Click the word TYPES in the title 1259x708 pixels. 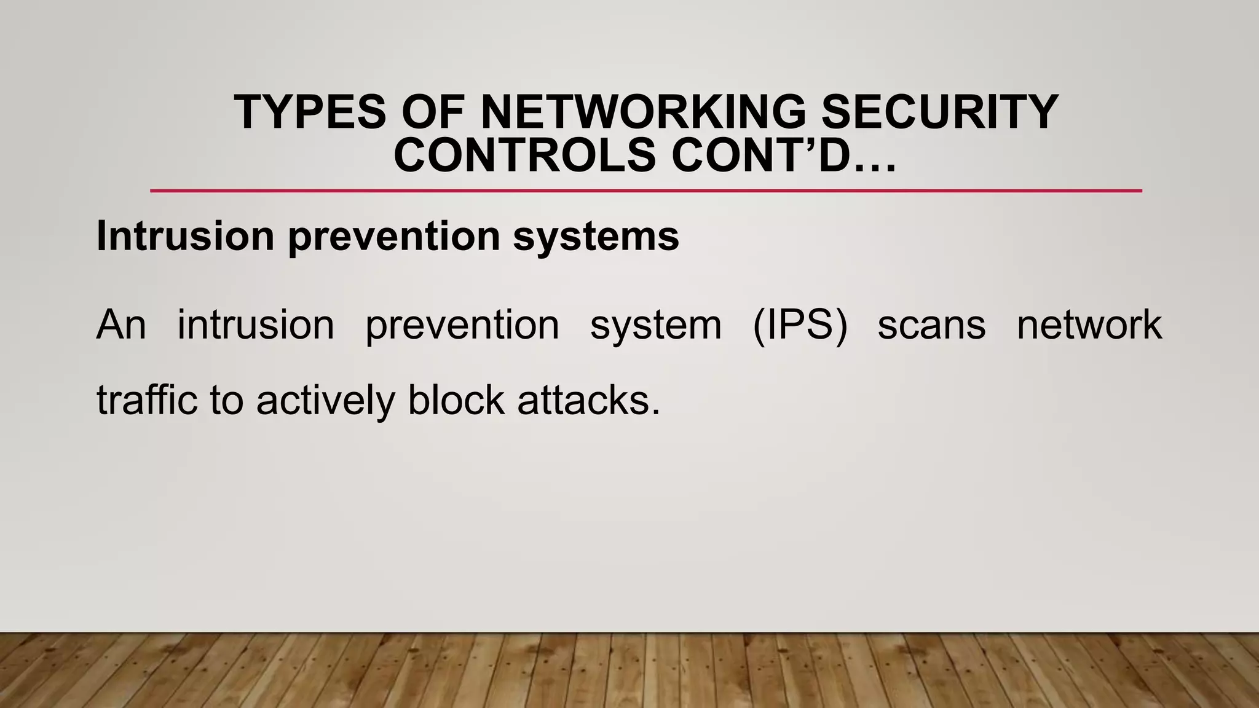pos(310,112)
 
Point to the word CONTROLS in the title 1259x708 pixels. pos(525,155)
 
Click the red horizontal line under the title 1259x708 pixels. pos(645,191)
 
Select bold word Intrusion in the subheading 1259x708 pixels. pos(185,236)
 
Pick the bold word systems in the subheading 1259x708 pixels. pos(596,237)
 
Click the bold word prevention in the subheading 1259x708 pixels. pos(394,237)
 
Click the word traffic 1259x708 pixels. pos(148,400)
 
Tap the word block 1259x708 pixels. pos(456,400)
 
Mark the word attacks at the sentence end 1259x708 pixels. pos(587,400)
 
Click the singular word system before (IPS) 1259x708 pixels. pos(655,326)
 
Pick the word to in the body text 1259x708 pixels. pos(227,401)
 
